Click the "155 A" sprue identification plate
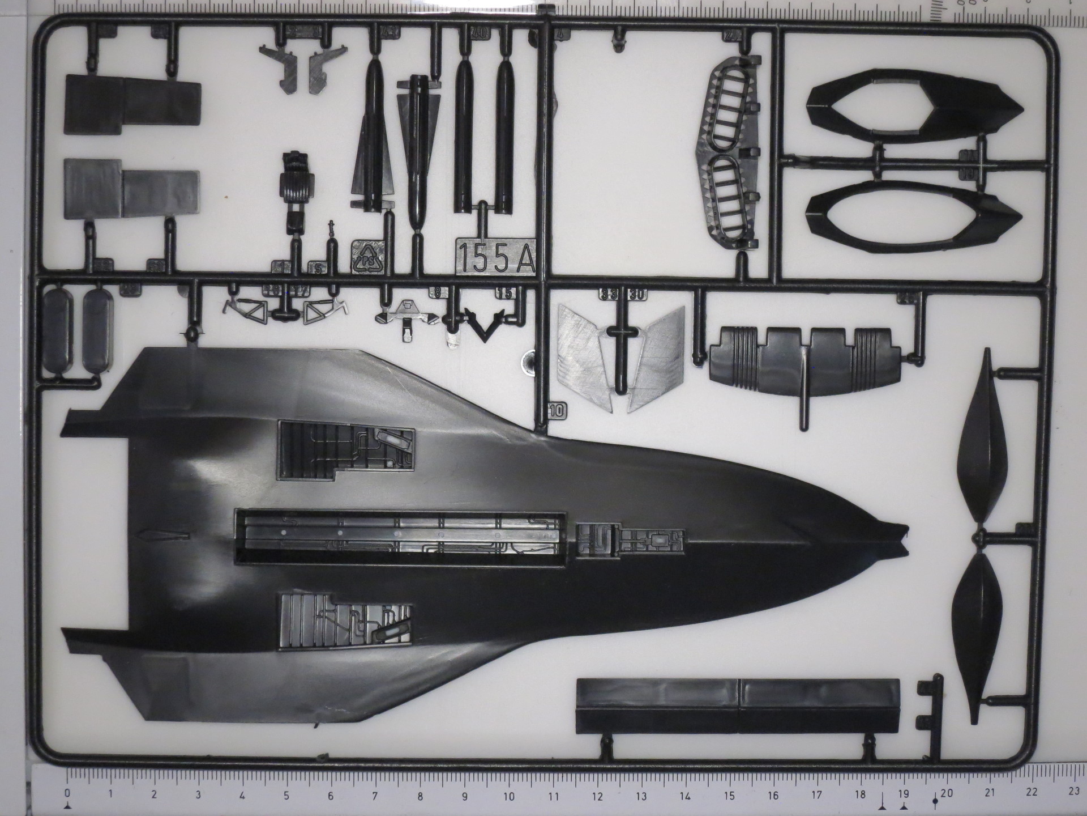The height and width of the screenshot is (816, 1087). (495, 258)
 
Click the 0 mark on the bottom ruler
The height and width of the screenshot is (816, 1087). (68, 793)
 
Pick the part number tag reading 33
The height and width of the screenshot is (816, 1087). (609, 295)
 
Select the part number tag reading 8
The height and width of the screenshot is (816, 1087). (438, 293)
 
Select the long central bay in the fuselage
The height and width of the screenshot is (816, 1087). (401, 538)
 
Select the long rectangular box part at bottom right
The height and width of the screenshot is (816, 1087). (737, 706)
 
